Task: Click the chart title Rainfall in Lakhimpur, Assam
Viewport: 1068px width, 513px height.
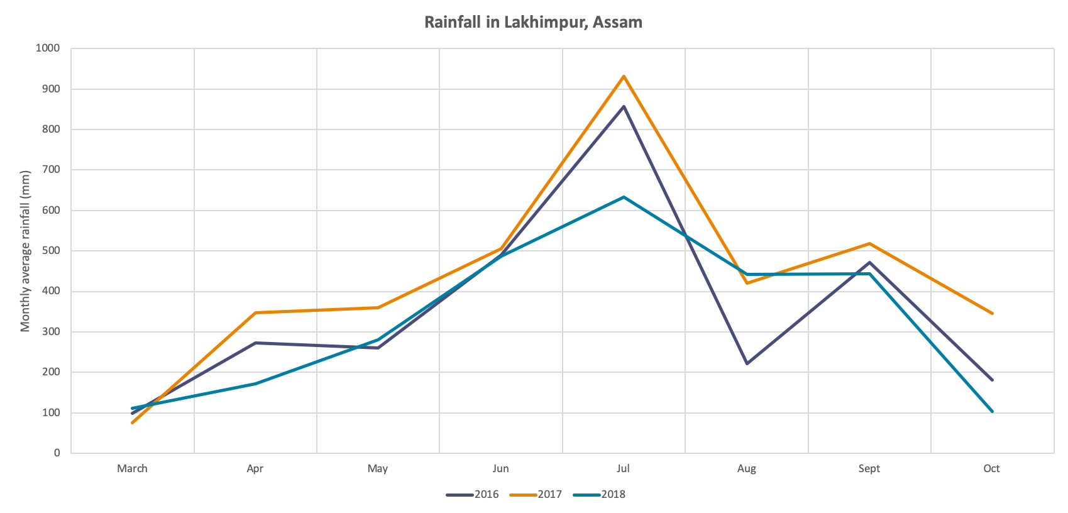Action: (533, 23)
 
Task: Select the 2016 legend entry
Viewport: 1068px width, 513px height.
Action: (473, 495)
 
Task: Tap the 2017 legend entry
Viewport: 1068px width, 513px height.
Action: (536, 495)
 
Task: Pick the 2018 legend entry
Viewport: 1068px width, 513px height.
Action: (600, 495)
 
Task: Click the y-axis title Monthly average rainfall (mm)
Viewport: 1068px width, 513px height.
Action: (25, 251)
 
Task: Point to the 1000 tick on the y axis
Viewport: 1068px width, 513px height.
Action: (48, 48)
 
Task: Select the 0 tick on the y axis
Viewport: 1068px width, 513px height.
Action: (57, 453)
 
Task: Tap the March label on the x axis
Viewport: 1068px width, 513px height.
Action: (132, 469)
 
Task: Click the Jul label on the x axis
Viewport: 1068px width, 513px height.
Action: (623, 469)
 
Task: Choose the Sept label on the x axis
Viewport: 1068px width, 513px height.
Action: (869, 469)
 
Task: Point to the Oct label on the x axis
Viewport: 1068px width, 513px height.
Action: (991, 469)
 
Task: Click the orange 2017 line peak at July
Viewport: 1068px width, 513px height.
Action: (624, 76)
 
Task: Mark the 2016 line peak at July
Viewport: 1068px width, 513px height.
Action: (624, 106)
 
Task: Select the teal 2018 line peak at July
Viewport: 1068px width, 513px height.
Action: (624, 197)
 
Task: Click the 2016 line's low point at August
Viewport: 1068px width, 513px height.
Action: (747, 364)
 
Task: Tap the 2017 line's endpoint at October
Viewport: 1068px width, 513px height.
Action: (992, 313)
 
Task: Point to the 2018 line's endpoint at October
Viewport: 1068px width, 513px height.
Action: (992, 412)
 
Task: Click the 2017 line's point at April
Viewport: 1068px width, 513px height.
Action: (255, 312)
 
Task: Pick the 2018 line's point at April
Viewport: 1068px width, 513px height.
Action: (255, 383)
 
